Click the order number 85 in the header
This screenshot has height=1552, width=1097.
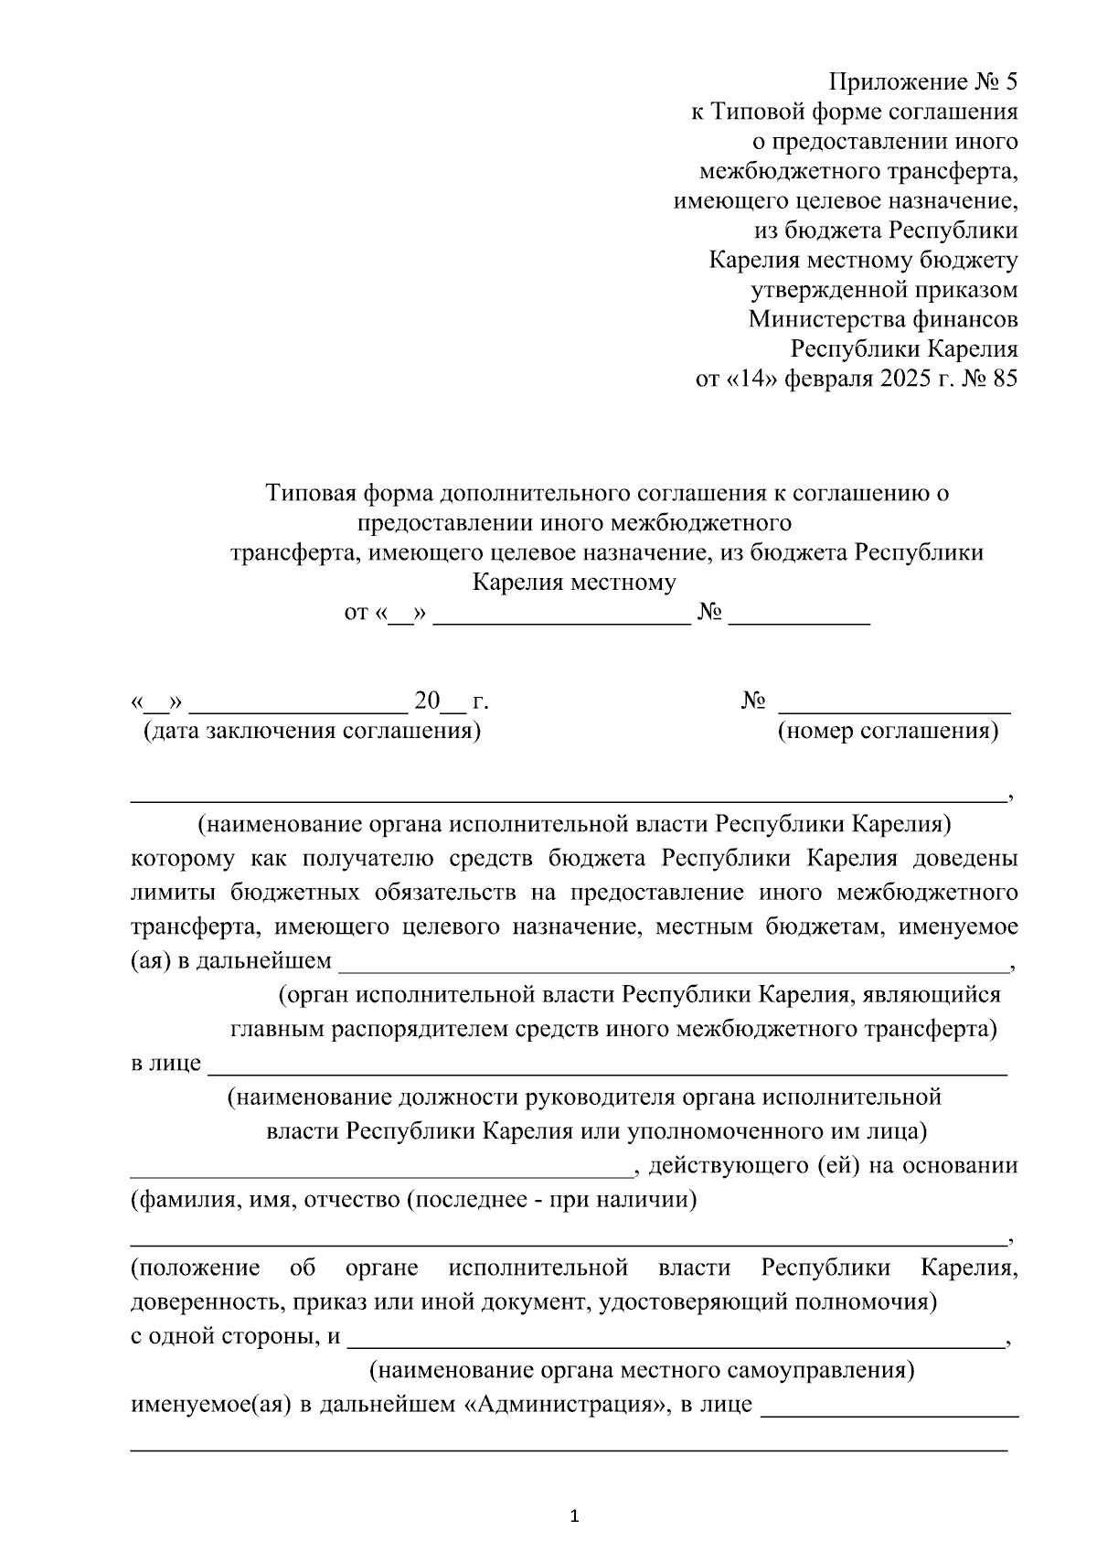(1003, 379)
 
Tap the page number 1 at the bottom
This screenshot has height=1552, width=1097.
(574, 1516)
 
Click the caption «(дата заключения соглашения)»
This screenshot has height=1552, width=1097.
(312, 732)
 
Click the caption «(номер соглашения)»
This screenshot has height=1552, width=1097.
(887, 732)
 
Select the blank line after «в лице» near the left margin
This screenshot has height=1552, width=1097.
(608, 1069)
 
